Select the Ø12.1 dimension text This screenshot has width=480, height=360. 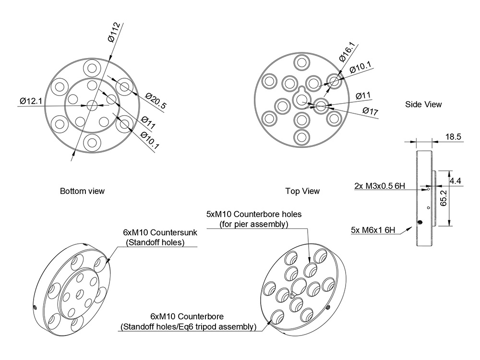coord(32,101)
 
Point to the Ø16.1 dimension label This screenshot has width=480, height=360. coord(347,51)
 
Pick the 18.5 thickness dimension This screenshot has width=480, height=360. coord(453,137)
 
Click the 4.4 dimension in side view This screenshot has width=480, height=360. coord(456,181)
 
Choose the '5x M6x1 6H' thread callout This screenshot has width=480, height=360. coord(373,230)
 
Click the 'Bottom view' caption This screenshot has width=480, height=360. coord(82,191)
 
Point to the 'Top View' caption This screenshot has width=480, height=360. coord(302,191)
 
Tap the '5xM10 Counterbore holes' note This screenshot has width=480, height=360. coord(253,214)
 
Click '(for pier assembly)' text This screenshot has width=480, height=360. coord(253,224)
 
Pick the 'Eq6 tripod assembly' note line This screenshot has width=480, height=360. coord(189,327)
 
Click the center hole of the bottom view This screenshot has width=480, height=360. coord(91,105)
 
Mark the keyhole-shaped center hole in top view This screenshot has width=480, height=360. coord(302,99)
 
